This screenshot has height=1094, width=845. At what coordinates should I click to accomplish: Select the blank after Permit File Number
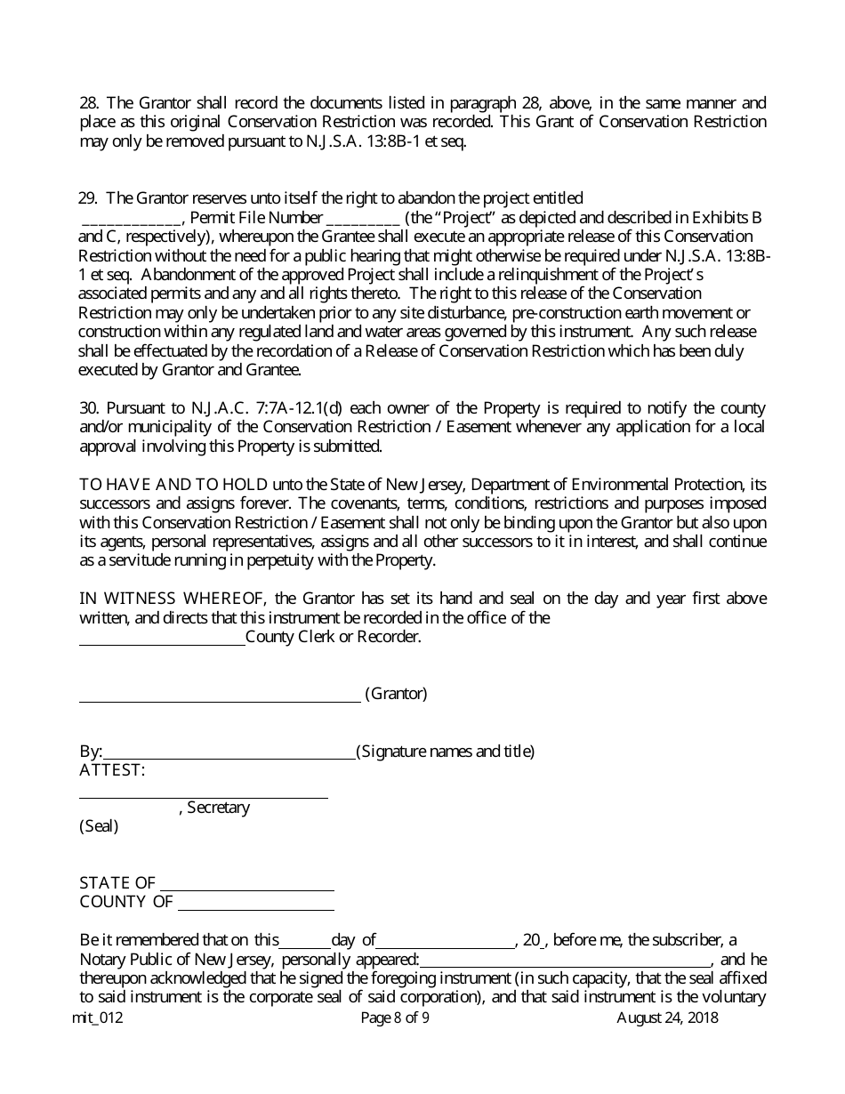pyautogui.click(x=364, y=218)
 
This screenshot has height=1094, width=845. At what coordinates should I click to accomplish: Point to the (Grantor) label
pyautogui.click(x=396, y=694)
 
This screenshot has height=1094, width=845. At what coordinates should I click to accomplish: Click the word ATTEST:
pyautogui.click(x=112, y=770)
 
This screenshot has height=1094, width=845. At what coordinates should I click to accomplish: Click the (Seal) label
pyautogui.click(x=99, y=826)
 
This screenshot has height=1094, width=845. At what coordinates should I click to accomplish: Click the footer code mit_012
pyautogui.click(x=97, y=1018)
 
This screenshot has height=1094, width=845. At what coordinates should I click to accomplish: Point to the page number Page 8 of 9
pyautogui.click(x=395, y=1018)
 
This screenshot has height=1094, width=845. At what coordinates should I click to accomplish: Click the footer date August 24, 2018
pyautogui.click(x=667, y=1018)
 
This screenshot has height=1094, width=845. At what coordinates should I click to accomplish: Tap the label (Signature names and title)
pyautogui.click(x=446, y=752)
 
